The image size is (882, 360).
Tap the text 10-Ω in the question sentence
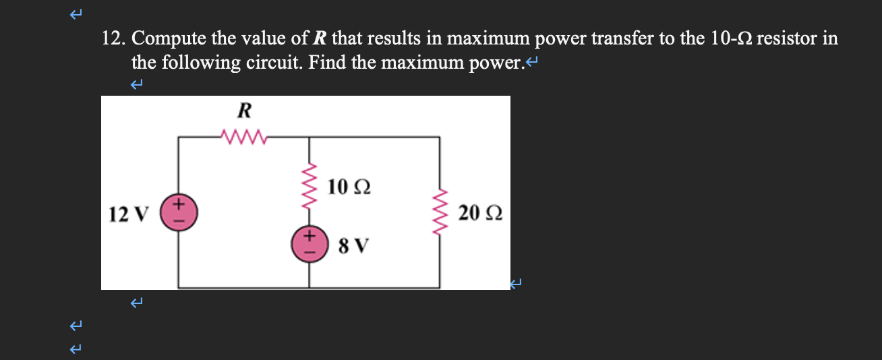point(732,39)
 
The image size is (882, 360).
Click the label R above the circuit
point(243,110)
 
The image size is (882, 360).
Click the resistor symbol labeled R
point(243,138)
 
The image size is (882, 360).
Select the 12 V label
point(126,214)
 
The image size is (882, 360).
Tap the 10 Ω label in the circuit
point(349,186)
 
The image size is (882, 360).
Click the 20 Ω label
point(479,214)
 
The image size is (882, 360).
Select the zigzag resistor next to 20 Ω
point(440,212)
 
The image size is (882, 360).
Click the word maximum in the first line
point(488,39)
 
